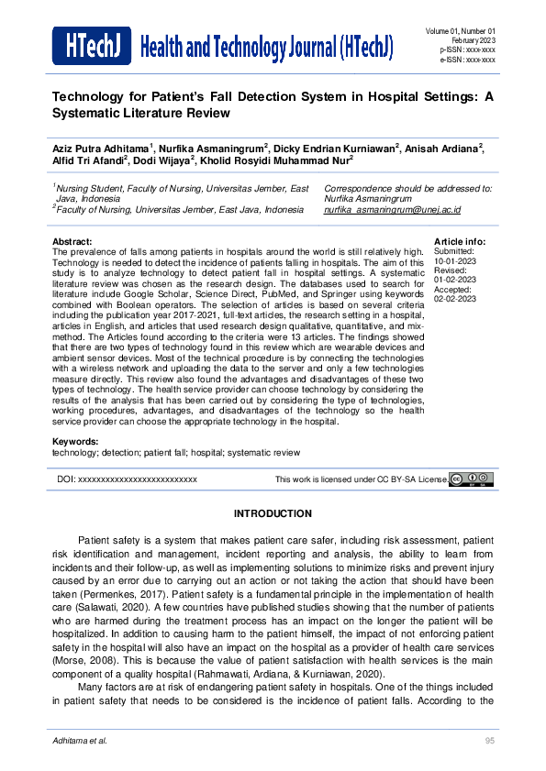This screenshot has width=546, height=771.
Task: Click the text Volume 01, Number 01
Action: coord(461,32)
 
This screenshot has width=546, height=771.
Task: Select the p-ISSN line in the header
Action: coord(467,50)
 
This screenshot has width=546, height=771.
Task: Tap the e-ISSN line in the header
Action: coord(467,60)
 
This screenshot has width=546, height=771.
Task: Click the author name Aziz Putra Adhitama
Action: coord(102,148)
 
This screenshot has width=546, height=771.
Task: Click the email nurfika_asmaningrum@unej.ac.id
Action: coord(392,210)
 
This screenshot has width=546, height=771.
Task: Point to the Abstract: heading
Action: coord(72,242)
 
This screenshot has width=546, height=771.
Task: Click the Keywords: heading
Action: coord(74,443)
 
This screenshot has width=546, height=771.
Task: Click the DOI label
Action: coord(65,479)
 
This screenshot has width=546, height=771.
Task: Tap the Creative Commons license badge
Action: coord(472,479)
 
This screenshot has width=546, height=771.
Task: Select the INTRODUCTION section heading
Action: coord(273,513)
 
